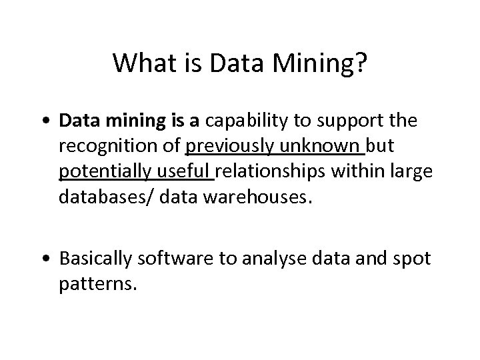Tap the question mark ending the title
coord(360,63)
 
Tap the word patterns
coord(96,284)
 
